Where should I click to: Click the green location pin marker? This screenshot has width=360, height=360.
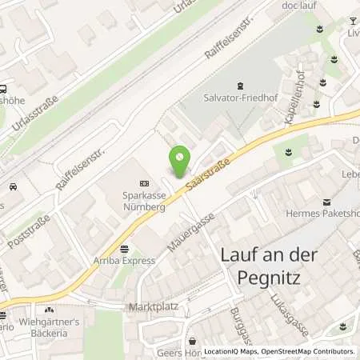click(180, 162)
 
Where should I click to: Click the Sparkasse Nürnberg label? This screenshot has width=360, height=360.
click(143, 198)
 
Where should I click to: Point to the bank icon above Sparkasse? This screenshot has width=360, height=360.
click(143, 182)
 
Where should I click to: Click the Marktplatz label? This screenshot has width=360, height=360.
click(153, 307)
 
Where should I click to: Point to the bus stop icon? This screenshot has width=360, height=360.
click(5, 90)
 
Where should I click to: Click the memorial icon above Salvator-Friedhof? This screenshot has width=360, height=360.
click(239, 85)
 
